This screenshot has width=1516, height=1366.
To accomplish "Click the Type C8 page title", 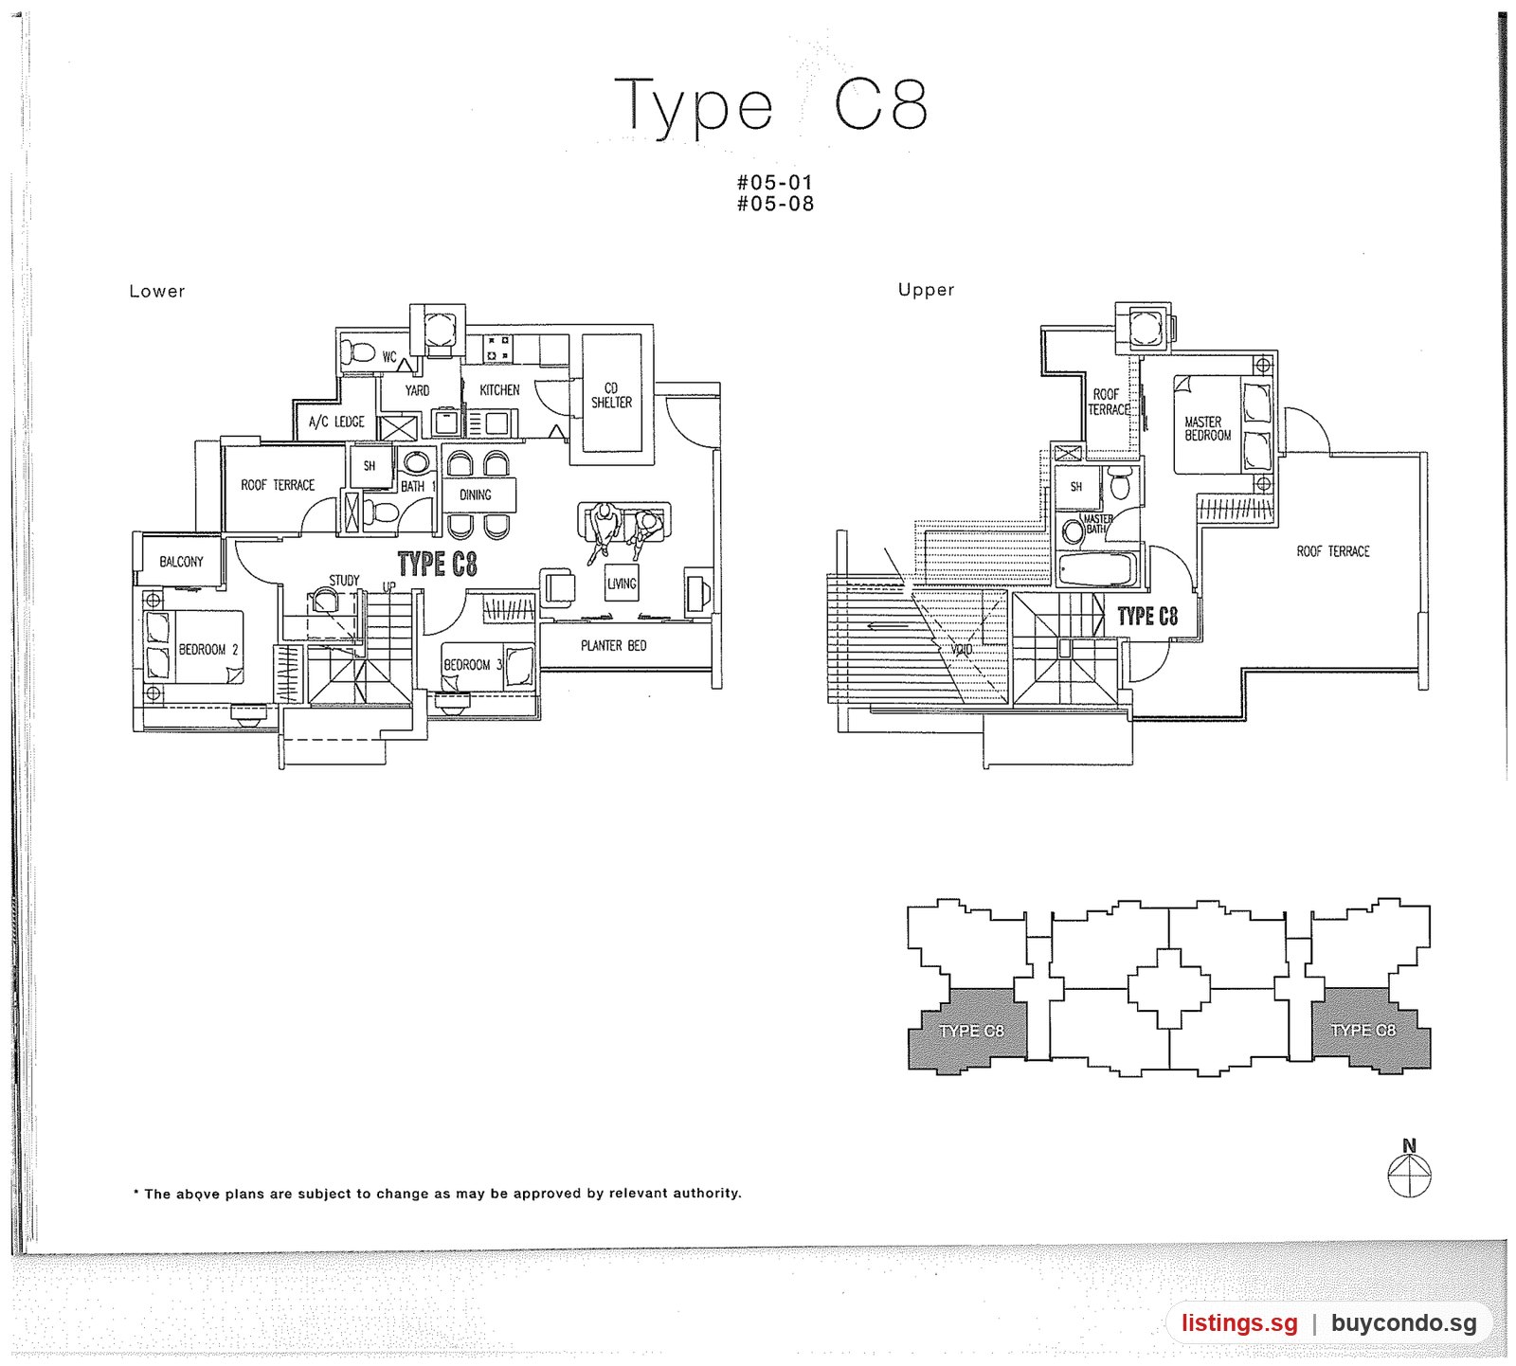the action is point(771,105).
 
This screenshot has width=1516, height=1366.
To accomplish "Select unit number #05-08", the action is point(775,204).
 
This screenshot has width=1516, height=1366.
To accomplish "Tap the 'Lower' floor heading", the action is point(157,292).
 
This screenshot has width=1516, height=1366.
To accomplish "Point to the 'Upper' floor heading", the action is point(926,290).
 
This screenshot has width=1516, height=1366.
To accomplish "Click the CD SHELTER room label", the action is point(611,395).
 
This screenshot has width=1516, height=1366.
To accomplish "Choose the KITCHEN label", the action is point(499,390).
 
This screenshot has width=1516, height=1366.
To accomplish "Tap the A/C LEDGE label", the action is point(336,422).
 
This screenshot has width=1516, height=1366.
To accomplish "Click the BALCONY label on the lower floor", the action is point(181,562).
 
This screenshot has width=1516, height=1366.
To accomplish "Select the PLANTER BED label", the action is point(614,646).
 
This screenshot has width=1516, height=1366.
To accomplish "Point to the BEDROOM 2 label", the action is point(208,650).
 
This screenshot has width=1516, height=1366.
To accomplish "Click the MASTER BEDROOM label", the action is point(1208,429).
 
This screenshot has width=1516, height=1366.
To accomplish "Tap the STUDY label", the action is point(344,580).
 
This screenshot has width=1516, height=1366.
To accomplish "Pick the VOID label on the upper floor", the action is point(962,650).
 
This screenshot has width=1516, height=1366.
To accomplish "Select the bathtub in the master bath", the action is point(1096,571).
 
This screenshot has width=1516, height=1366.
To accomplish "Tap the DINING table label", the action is point(476,494).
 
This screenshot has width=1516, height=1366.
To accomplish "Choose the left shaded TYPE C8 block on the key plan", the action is point(968,1031).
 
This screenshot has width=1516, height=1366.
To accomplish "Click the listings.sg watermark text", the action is point(1239,1323).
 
